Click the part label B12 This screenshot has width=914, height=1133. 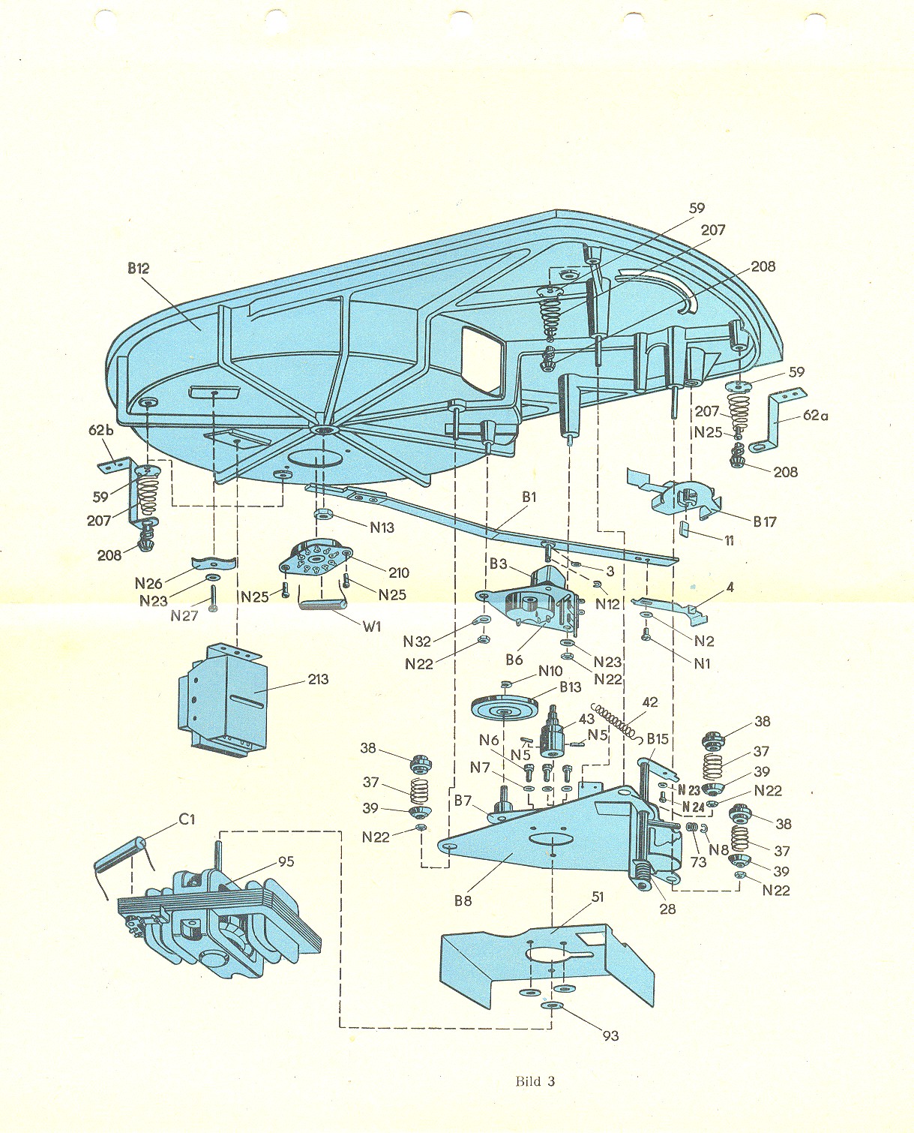tap(139, 268)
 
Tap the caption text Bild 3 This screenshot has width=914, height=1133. tap(535, 1081)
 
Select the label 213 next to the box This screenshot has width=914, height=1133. tap(318, 679)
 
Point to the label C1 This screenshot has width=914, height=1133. tap(187, 819)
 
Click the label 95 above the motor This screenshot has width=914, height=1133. tap(286, 861)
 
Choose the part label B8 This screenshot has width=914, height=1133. tap(463, 900)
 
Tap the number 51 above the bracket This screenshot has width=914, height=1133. tap(598, 897)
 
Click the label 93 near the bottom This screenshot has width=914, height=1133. tap(611, 1035)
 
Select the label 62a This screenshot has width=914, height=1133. tap(816, 415)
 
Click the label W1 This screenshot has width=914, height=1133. tap(372, 626)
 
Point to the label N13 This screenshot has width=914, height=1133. tap(382, 527)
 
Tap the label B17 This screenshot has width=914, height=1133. tap(765, 521)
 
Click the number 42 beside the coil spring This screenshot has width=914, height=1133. tap(650, 702)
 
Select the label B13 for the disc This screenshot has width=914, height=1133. tap(570, 687)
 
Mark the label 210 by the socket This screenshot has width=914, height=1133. tap(399, 573)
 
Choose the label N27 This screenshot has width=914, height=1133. tap(184, 616)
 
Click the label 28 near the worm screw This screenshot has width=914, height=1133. tap(667, 909)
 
